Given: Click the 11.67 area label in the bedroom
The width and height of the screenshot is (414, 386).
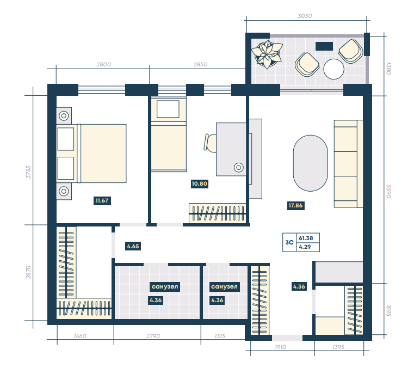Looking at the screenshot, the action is click(102, 200).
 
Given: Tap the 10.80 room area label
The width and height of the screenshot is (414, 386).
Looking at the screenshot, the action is click(199, 183).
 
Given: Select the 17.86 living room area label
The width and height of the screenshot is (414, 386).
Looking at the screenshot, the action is click(296, 206).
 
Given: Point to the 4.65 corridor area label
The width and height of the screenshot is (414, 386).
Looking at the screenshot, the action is click(133, 246).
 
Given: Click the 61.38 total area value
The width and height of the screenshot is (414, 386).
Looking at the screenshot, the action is click(306, 238).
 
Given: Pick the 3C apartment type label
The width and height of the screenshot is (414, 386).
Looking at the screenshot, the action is click(289, 242).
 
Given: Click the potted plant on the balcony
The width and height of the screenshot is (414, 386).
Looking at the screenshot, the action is click(267, 54).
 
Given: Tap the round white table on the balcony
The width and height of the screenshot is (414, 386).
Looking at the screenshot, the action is click(333, 69).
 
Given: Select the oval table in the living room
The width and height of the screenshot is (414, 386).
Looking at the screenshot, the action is click(311, 163).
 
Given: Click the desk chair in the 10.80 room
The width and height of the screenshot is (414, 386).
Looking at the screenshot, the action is click(210, 143).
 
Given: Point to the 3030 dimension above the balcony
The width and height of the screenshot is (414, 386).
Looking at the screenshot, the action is click(305, 16).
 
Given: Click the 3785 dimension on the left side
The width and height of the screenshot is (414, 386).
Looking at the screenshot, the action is click(28, 172).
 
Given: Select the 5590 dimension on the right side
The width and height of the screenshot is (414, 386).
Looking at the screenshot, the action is click(388, 191).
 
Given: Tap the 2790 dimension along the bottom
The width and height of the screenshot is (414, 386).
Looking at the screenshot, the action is click(153, 336).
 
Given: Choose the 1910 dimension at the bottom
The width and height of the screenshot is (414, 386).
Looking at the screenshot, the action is click(280, 347).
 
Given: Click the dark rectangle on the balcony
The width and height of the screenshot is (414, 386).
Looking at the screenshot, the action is click(324, 46).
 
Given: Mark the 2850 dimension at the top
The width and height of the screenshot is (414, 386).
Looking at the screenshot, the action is click(200, 64).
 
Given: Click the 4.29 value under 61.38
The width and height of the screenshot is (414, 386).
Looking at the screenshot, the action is click(305, 247).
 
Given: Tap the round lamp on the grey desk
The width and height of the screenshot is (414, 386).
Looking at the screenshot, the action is click(239, 167).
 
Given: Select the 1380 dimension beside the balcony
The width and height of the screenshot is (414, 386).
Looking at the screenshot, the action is click(388, 69).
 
